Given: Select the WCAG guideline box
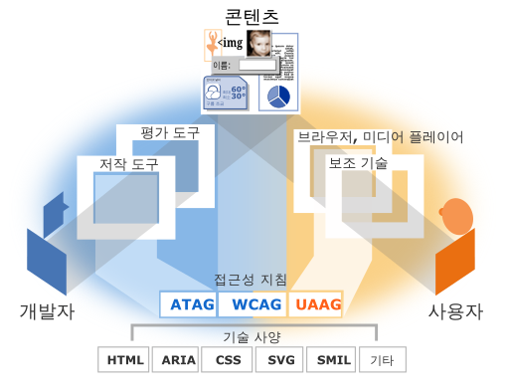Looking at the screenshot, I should [x=251, y=303].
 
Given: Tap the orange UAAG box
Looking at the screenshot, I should [x=314, y=303].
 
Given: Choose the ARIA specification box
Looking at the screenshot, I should [x=177, y=359].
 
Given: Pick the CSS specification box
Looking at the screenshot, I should [x=228, y=359].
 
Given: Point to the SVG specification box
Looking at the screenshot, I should [x=278, y=359].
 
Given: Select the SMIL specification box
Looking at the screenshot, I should [x=329, y=359].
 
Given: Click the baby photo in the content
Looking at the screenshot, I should [x=259, y=44].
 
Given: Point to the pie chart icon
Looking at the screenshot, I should [x=279, y=96].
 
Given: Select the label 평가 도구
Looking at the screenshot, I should [x=171, y=132].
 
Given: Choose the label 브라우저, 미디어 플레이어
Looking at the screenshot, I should [x=380, y=136].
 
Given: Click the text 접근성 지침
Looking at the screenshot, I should [x=251, y=280].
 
